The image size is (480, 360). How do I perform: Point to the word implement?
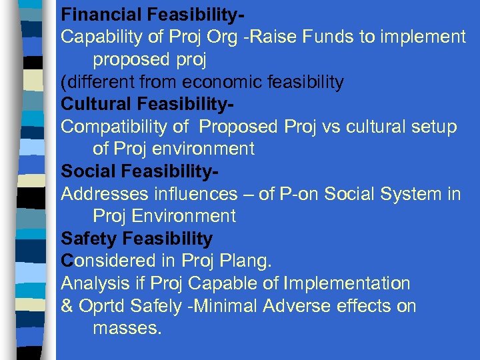point(423,37)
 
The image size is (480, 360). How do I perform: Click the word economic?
point(223,82)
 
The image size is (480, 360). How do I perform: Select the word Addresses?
point(102,194)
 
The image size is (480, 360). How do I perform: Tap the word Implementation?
point(347,283)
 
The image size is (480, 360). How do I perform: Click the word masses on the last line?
point(127,328)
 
